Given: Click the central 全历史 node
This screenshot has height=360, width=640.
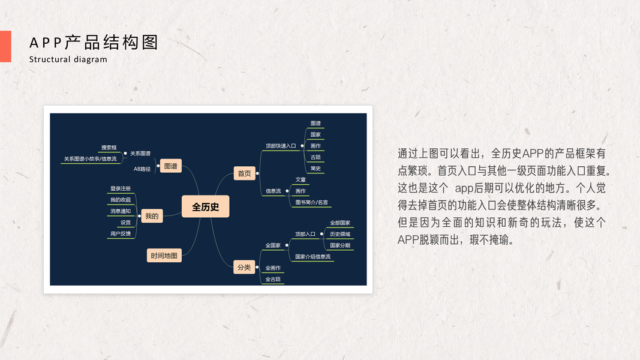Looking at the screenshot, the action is (205, 207).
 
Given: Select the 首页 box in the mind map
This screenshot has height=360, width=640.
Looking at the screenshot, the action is (244, 174).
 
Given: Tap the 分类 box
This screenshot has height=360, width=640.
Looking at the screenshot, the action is (244, 267).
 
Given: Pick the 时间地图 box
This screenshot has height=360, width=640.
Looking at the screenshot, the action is (164, 256).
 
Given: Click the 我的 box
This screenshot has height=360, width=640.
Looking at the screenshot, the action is (152, 216).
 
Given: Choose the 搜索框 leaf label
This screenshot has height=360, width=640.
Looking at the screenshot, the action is (109, 148).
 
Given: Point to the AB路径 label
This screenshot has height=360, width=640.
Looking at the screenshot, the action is (142, 169).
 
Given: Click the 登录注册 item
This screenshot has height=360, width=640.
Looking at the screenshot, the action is (120, 188).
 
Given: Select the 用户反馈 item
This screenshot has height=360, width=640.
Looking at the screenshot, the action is (120, 233).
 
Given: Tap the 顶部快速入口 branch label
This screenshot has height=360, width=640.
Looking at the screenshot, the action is (281, 146).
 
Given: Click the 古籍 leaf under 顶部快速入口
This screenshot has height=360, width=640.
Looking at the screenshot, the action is (316, 157).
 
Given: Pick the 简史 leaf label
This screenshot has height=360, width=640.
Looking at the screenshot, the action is (316, 169).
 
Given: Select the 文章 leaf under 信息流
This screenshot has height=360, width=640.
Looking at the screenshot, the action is (301, 179).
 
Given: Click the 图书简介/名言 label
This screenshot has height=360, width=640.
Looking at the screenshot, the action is (311, 202).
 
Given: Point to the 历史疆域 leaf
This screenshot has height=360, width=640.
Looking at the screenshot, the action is (339, 234).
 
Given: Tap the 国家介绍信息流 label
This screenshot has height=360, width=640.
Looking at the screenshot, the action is (313, 256).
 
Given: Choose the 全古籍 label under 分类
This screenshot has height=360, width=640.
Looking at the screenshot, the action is (272, 279).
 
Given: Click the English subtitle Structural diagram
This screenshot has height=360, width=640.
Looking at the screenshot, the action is (68, 59).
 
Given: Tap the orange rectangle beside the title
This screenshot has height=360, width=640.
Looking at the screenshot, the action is (5, 46).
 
